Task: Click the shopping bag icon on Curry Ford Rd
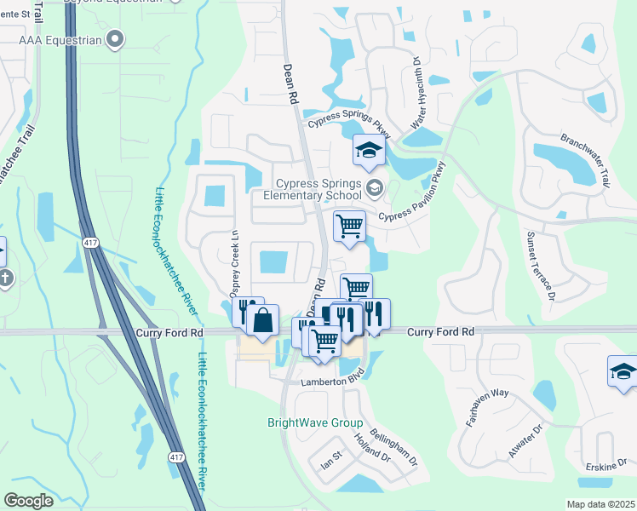[x=263, y=320]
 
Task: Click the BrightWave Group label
[x=315, y=423]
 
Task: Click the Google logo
[x=29, y=501]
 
